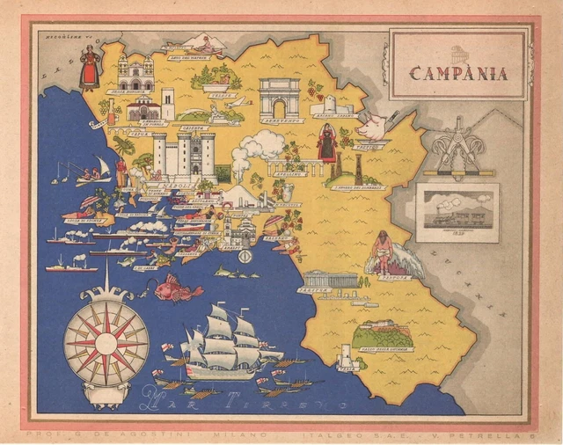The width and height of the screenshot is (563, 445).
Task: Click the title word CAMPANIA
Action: pyautogui.click(x=459, y=73)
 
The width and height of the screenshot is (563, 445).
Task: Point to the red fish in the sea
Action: pyautogui.click(x=176, y=288)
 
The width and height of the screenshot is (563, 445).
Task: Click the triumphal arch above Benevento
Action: pyautogui.click(x=280, y=97)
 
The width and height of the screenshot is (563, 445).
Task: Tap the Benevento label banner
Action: pyautogui.click(x=282, y=120)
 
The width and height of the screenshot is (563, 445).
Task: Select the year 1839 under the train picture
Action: pyautogui.click(x=457, y=234)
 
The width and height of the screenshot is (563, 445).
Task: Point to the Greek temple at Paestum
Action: pyautogui.click(x=330, y=278)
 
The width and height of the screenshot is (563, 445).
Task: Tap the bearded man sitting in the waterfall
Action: pyautogui.click(x=384, y=251)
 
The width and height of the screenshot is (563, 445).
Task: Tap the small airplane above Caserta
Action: pyautogui.click(x=238, y=103)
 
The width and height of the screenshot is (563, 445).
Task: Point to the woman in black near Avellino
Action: pyautogui.click(x=327, y=142)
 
